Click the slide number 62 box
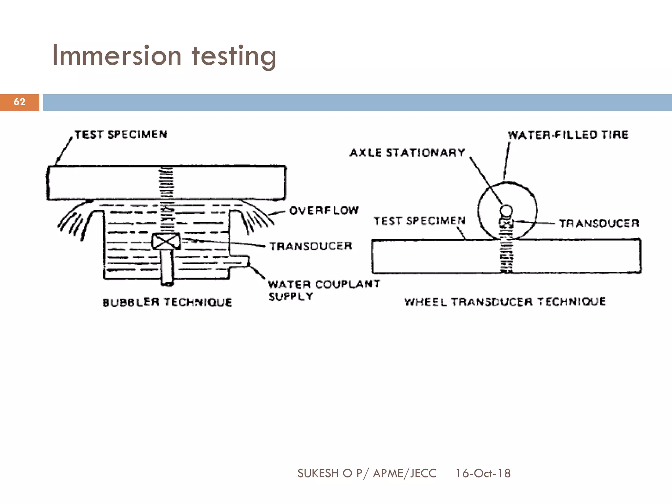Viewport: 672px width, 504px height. pyautogui.click(x=19, y=102)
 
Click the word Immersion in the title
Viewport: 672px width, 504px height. pyautogui.click(x=116, y=56)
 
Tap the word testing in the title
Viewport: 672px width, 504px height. pyautogui.click(x=234, y=56)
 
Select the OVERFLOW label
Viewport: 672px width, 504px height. pyautogui.click(x=324, y=210)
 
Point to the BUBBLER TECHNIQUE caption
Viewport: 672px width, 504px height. pyautogui.click(x=167, y=302)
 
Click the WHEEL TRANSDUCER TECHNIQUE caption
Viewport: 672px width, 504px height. pyautogui.click(x=505, y=302)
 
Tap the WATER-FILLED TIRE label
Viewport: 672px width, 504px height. pyautogui.click(x=568, y=135)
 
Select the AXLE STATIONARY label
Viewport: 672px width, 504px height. pyautogui.click(x=407, y=153)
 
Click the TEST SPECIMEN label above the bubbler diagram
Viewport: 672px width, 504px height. pyautogui.click(x=121, y=135)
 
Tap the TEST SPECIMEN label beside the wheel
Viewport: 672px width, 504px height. pyautogui.click(x=419, y=221)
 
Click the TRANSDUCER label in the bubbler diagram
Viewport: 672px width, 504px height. pyautogui.click(x=310, y=246)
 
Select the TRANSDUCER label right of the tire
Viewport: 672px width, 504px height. pyautogui.click(x=599, y=224)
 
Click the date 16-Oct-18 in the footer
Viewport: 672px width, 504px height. pyautogui.click(x=483, y=473)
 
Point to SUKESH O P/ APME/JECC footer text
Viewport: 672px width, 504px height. pyautogui.click(x=367, y=473)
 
